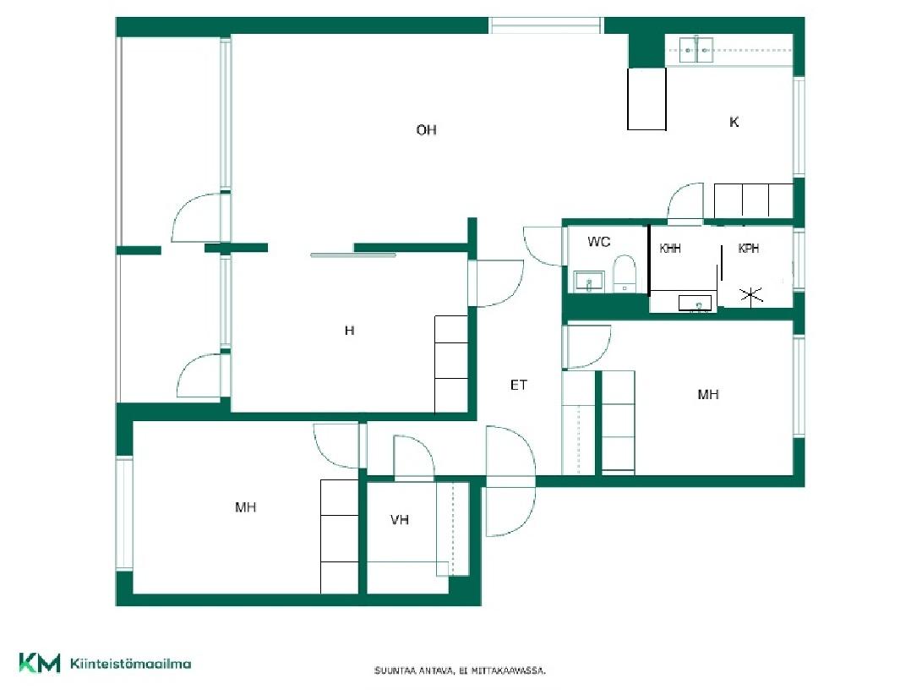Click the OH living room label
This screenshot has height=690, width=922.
point(426,129)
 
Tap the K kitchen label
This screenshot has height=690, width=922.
point(734,122)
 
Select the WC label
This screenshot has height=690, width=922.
point(598,241)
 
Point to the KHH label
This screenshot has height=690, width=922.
point(670,249)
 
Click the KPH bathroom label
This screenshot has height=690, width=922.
point(748,249)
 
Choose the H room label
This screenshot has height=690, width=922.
point(349,331)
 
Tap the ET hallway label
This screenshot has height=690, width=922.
point(518,385)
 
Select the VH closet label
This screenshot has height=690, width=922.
point(399,519)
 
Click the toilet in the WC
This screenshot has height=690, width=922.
point(624,273)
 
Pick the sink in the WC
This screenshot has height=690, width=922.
point(588,282)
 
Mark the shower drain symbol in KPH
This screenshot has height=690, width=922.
point(751,294)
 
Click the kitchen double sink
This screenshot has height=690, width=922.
point(696,50)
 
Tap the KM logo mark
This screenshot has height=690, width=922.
point(40,663)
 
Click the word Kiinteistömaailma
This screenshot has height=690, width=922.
point(130,664)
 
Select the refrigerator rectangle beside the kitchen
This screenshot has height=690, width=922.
point(646,99)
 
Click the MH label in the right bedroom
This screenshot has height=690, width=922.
point(708,394)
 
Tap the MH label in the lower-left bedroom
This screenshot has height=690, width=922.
point(245,507)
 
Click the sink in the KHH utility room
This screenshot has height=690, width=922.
point(695,304)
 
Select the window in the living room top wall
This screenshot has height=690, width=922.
point(545,26)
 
